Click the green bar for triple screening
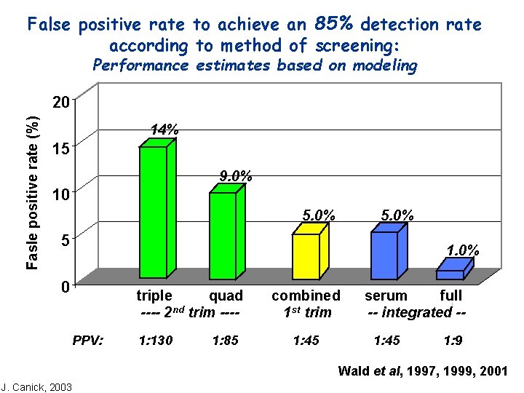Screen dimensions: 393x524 click(x=153, y=212)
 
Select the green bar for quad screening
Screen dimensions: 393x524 click(x=222, y=235)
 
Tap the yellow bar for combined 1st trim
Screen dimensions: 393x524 click(x=306, y=256)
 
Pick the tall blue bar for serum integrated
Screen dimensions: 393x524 click(x=384, y=255)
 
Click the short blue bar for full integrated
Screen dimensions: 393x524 click(x=450, y=274)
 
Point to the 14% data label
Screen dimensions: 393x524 click(x=164, y=130)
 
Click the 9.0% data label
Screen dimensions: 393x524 click(x=236, y=175)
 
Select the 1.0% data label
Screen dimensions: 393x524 click(x=462, y=250)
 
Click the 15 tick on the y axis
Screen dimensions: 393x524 click(x=63, y=148)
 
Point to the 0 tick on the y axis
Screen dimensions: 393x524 click(x=65, y=287)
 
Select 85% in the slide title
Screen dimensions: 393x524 click(x=334, y=23)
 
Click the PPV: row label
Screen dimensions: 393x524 click(x=88, y=339)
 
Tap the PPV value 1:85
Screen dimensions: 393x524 click(x=225, y=339)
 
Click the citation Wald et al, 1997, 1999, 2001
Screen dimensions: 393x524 click(x=423, y=371)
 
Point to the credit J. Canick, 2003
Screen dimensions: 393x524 click(x=36, y=386)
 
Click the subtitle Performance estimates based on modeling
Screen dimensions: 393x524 click(x=255, y=65)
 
